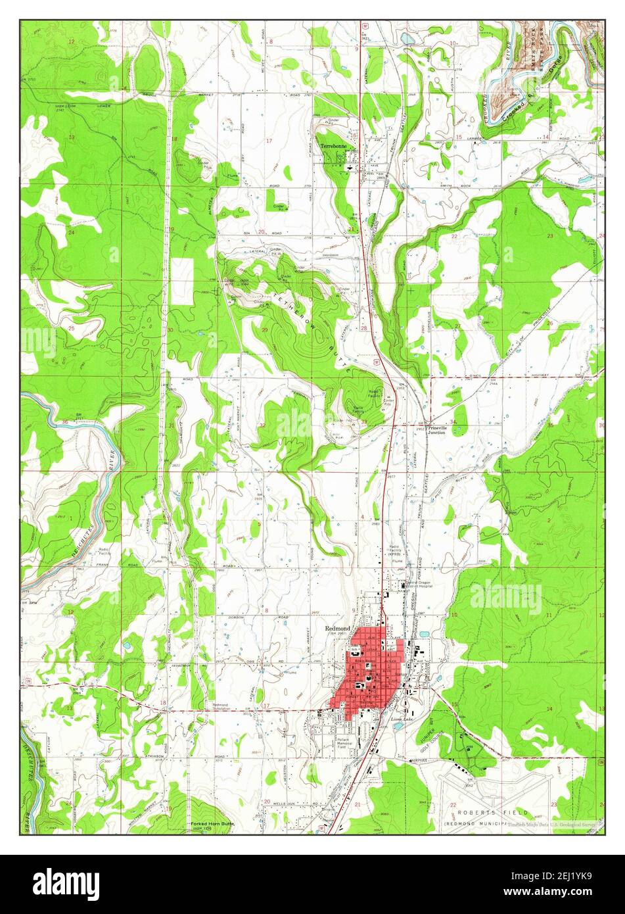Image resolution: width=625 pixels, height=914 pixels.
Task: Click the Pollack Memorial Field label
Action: [x=343, y=744]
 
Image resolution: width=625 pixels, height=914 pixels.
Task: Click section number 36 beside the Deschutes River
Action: [x=64, y=422]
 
